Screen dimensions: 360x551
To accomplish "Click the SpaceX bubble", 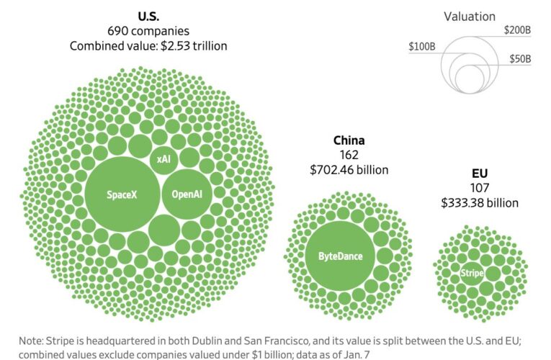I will [x=121, y=194].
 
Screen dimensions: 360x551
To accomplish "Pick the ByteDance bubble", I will [x=340, y=256].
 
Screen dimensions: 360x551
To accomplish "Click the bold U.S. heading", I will [x=148, y=16].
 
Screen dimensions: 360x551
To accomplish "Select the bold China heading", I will [x=349, y=140].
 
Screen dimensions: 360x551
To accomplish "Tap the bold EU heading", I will [x=479, y=174].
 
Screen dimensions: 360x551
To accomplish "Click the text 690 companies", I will [x=148, y=31].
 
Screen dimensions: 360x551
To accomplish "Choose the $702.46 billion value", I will [x=349, y=170].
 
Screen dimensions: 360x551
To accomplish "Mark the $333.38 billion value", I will [x=479, y=203].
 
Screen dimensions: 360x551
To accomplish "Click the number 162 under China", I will [x=349, y=155].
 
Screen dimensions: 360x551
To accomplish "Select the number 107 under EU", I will [x=479, y=189].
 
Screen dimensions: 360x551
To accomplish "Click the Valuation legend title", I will [x=469, y=17].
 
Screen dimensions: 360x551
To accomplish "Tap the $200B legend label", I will [x=518, y=30].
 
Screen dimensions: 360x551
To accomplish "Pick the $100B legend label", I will [x=422, y=47].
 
